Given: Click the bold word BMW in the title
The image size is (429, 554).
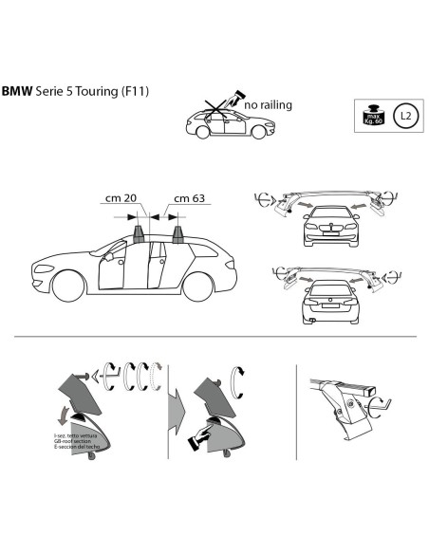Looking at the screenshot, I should pyautogui.click(x=16, y=92).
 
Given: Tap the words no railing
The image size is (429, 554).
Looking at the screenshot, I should pyautogui.click(x=270, y=105).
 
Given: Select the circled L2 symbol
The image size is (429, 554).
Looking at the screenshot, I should pyautogui.click(x=405, y=117).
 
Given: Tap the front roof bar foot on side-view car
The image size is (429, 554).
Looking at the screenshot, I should pyautogui.click(x=140, y=231).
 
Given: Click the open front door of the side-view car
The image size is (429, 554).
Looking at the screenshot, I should pyautogui.click(x=110, y=268).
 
